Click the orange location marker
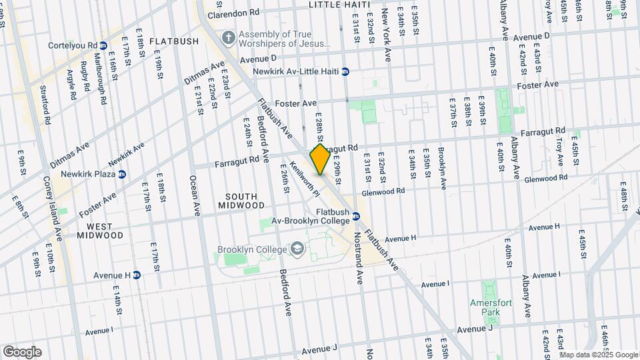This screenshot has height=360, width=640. [x=320, y=159]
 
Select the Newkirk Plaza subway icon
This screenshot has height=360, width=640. [x=122, y=175]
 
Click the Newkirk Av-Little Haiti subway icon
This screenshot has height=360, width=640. [x=345, y=71]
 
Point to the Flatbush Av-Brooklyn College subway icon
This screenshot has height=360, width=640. [x=357, y=215]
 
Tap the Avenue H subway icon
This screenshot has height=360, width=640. [x=137, y=275]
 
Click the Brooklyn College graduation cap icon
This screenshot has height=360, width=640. [x=297, y=250]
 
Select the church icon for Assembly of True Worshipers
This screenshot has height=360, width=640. [x=228, y=37]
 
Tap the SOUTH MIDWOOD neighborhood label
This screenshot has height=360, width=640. [x=241, y=200]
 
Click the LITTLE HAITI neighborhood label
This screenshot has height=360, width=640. [x=339, y=5]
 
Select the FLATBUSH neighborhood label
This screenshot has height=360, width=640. [x=174, y=41]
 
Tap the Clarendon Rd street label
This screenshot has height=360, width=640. [x=233, y=13]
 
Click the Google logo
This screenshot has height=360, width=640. [x=22, y=352]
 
